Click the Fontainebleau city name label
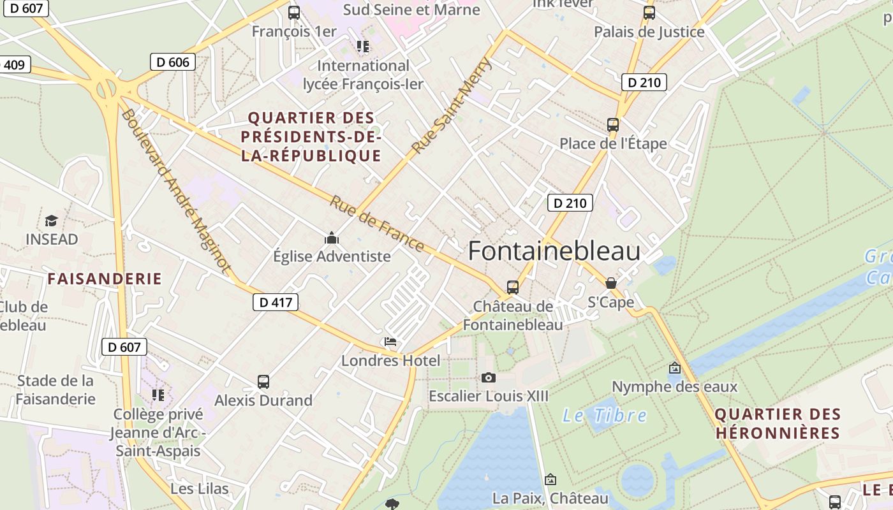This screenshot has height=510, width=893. (x=554, y=251)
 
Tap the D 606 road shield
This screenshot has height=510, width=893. (x=172, y=62)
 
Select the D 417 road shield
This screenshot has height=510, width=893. (x=276, y=302)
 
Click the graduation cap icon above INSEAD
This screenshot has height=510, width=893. (x=51, y=221)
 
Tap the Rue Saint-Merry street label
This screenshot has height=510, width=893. (x=452, y=105)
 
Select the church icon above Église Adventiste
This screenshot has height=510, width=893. (x=332, y=238)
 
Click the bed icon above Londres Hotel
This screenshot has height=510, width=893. (x=390, y=342)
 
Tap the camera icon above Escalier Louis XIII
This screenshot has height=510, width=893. (x=489, y=377)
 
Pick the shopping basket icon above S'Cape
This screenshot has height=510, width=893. (x=611, y=283)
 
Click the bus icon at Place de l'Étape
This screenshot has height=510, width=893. (x=613, y=124)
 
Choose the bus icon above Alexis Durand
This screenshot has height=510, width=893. (x=263, y=382)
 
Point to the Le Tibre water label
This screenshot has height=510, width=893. (x=604, y=416)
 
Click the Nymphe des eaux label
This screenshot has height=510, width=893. (x=674, y=386)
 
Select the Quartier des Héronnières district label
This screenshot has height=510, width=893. (x=777, y=423)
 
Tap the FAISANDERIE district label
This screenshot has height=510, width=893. (x=105, y=279)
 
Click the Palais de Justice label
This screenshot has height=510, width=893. (x=649, y=32)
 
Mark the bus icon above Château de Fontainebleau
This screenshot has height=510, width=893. (x=513, y=287)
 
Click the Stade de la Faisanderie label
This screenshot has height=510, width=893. (x=55, y=390)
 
